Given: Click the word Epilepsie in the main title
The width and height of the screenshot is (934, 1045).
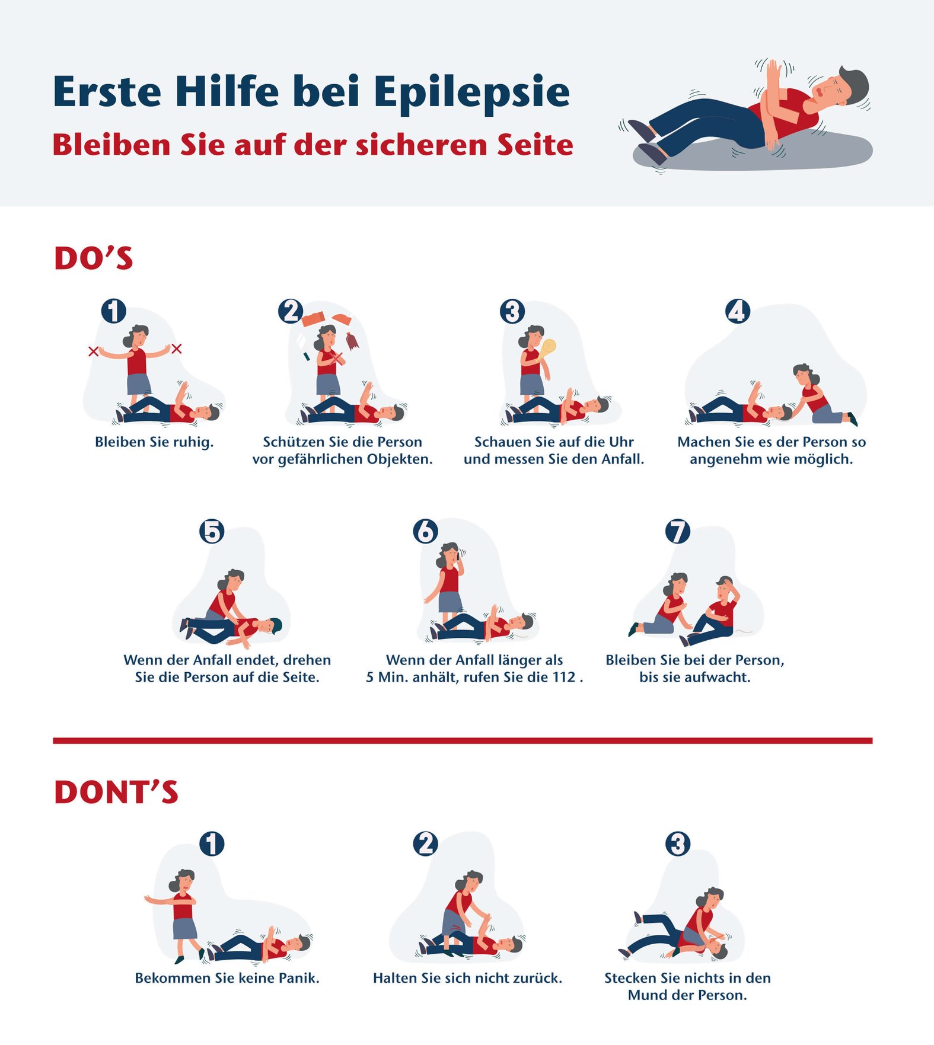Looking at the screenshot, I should (x=471, y=93).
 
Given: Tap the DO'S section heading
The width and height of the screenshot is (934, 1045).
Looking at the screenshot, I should (x=94, y=258).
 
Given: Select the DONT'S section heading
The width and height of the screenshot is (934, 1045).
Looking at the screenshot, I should (x=116, y=792).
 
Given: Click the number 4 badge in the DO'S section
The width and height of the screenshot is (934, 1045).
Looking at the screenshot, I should (x=738, y=311).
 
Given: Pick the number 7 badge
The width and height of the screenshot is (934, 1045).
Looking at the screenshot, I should (x=678, y=531).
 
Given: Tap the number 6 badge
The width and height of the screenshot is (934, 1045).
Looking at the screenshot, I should (x=426, y=531).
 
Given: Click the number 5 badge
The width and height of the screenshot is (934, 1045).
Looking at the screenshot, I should (x=212, y=531).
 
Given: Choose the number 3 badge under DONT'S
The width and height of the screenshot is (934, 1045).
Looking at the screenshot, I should (x=678, y=843).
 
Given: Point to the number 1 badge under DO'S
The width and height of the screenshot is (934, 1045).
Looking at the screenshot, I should (x=113, y=311).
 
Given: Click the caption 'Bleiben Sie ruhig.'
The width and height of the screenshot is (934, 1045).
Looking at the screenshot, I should (x=154, y=442).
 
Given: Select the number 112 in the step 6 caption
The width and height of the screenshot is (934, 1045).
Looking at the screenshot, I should (x=564, y=677).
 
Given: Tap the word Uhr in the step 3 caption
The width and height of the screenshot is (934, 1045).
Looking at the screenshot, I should (x=621, y=442).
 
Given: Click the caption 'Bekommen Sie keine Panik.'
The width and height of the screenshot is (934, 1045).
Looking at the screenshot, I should (x=227, y=978).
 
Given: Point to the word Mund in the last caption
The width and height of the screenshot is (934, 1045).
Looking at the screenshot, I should (x=646, y=995).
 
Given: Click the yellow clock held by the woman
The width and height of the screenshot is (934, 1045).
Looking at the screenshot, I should (x=548, y=348).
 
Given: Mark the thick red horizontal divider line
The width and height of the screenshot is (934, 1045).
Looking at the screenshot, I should (x=463, y=740).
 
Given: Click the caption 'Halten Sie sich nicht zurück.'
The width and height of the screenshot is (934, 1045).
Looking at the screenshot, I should (x=467, y=978).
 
